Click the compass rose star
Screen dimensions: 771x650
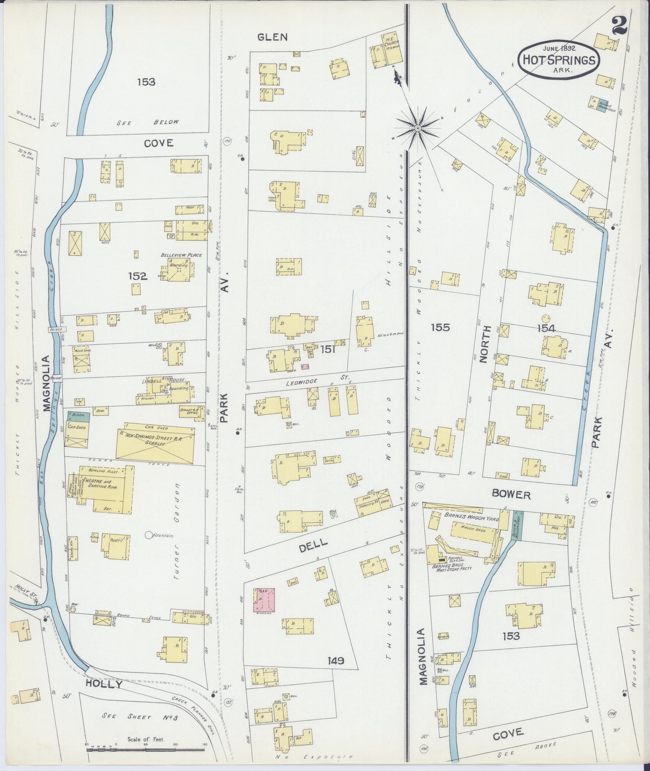pyautogui.click(x=417, y=129)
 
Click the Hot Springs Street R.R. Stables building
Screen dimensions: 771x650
pyautogui.click(x=155, y=443)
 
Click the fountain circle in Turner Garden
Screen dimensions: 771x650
pyautogui.click(x=149, y=535)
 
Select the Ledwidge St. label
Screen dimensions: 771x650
pyautogui.click(x=307, y=381)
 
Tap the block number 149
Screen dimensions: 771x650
pyautogui.click(x=336, y=661)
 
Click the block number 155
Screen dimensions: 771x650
pyautogui.click(x=439, y=327)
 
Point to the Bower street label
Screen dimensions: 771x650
pyautogui.click(x=511, y=495)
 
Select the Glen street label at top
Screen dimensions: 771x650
pyautogui.click(x=272, y=37)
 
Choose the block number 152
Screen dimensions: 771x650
pyautogui.click(x=137, y=276)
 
